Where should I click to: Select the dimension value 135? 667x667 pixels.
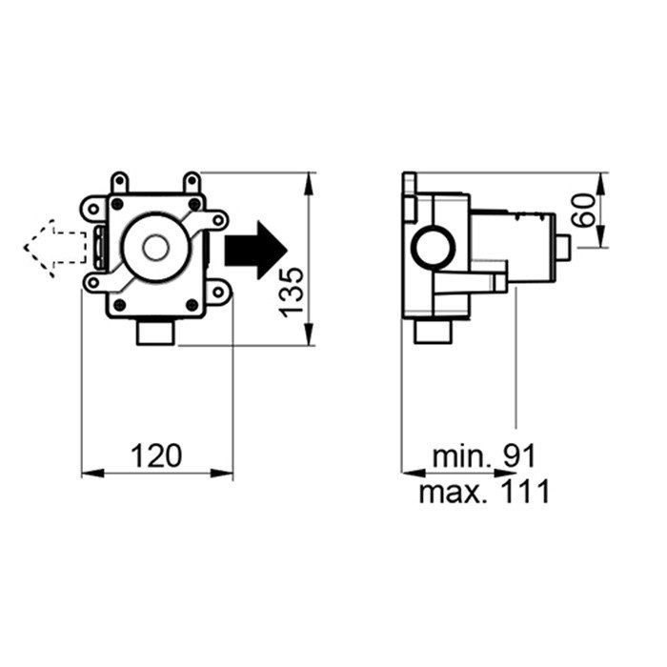[293, 290]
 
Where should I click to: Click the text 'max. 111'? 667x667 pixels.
[484, 492]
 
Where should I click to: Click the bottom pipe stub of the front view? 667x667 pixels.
[153, 333]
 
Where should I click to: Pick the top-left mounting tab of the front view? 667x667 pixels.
[119, 182]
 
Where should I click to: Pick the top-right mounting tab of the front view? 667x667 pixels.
[192, 182]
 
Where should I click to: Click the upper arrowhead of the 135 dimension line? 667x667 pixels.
[308, 181]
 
